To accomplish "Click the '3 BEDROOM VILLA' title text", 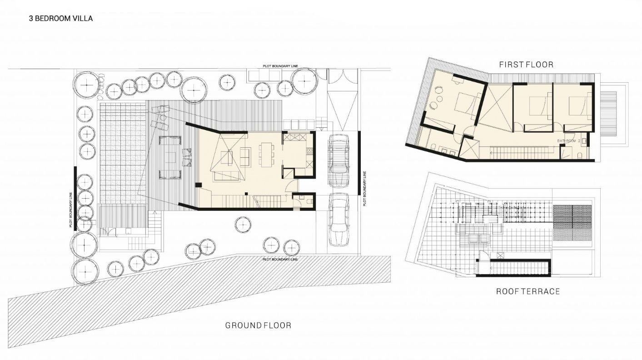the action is click(61, 19).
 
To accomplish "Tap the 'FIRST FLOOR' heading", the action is click(526, 65).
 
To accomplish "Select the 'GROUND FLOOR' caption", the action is click(258, 325).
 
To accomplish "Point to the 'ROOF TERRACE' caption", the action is click(528, 291).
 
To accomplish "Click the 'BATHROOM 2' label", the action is click(569, 141).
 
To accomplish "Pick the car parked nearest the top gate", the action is click(339, 161).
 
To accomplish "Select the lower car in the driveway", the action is click(339, 220).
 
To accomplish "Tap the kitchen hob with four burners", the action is click(309, 152).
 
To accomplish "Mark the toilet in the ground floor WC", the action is click(309, 201).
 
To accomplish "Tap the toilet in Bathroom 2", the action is click(580, 155).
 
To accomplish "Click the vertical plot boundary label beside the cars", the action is click(364, 189).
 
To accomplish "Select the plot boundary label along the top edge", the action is click(280, 66).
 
